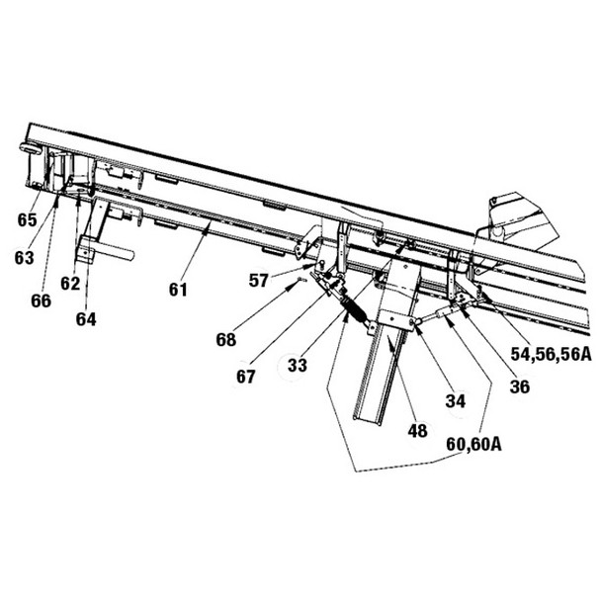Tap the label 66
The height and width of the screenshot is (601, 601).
click(x=41, y=301)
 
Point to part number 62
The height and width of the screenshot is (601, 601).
click(x=70, y=284)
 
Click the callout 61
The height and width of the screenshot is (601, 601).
click(x=178, y=289)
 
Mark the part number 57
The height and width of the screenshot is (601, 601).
click(x=259, y=280)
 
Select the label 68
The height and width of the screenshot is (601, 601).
click(x=226, y=340)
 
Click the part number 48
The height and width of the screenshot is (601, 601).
click(x=417, y=431)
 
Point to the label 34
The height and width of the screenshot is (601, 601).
click(x=455, y=400)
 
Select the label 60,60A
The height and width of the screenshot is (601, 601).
click(x=472, y=445)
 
